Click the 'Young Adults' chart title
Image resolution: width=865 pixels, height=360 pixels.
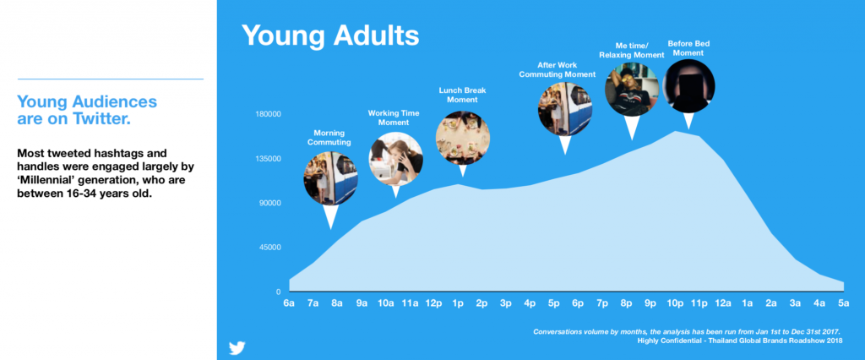click(x=330, y=35)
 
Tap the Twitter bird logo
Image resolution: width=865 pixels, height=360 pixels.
click(x=237, y=348)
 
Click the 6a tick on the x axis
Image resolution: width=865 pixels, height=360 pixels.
click(x=289, y=303)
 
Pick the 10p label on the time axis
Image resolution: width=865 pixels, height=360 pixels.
click(x=675, y=303)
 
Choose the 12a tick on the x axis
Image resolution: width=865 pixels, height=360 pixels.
click(x=723, y=303)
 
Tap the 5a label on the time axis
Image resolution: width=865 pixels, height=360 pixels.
click(x=844, y=303)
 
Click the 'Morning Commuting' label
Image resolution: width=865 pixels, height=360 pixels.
click(x=329, y=138)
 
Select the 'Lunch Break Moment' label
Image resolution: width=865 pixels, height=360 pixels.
click(x=462, y=95)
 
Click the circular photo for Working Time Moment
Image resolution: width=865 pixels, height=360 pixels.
click(x=395, y=159)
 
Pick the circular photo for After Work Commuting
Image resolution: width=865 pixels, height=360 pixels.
click(x=565, y=109)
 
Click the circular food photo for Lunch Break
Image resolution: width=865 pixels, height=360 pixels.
click(x=462, y=138)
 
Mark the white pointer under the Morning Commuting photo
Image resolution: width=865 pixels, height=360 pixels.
click(x=330, y=215)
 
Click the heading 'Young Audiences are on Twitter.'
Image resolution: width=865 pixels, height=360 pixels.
click(x=87, y=110)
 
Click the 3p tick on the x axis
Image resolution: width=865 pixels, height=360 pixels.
click(x=505, y=303)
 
